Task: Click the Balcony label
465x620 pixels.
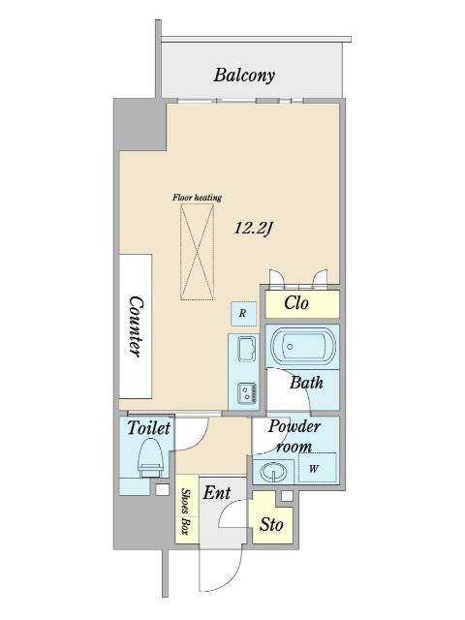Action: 244,76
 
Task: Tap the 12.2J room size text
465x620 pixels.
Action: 254,229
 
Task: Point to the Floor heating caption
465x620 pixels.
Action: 197,198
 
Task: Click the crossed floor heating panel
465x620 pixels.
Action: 197,253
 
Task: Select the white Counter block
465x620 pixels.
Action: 136,326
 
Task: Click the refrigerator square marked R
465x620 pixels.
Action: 243,314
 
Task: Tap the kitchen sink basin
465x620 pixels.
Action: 247,349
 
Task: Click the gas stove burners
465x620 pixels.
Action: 248,392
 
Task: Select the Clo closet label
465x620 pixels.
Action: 296,303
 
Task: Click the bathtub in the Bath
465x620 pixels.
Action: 303,347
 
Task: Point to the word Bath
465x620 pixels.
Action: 306,383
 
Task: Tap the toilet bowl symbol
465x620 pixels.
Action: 151,459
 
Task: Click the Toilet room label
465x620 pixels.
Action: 148,428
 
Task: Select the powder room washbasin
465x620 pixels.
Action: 273,472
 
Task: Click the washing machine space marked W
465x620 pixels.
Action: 318,468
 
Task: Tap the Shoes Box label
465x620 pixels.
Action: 185,511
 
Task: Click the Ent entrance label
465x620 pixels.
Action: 217,493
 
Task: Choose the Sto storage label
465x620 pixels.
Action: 271,525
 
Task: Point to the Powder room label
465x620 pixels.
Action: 294,437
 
